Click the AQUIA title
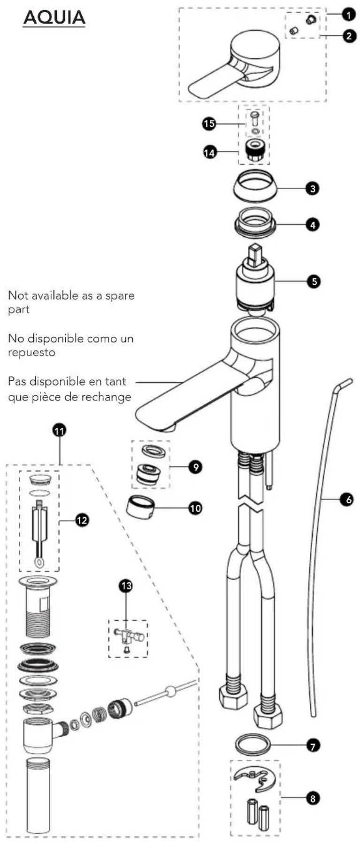pos(54,17)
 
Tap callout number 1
pos(348,15)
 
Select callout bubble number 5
pos(314,281)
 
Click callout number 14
pos(209,152)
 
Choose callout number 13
pos(126,585)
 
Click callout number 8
pos(313,797)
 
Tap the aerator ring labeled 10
pos(140,508)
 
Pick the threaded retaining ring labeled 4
pos(255,221)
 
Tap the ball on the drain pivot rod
pos(171,691)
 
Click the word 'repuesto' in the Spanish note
pos(31,352)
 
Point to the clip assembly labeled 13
pos(128,638)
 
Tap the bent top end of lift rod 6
pos(345,383)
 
